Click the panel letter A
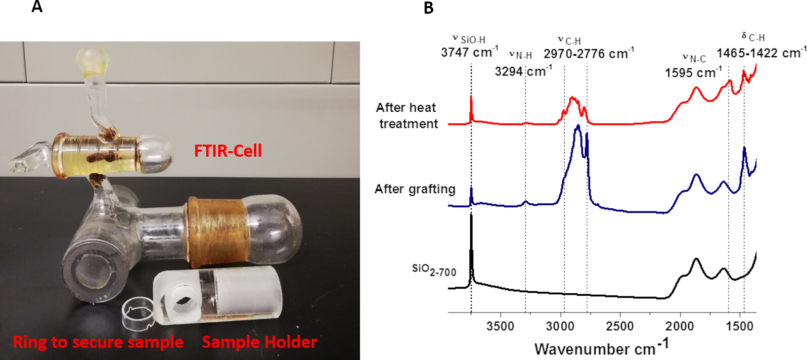point(37,7)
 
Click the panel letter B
point(428,8)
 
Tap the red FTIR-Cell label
point(228,151)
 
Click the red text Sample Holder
point(259,342)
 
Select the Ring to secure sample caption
point(98,342)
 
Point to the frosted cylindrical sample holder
point(217,293)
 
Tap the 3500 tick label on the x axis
point(500,326)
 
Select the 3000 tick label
point(560,326)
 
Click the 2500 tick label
point(619,326)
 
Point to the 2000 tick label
point(680,326)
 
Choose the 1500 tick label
point(740,326)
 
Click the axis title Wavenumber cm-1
point(601,348)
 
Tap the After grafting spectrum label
point(415,189)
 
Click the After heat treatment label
point(407,115)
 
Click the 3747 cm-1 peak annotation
point(469,52)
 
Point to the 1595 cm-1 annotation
point(693,73)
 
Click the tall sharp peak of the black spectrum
point(471,217)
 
